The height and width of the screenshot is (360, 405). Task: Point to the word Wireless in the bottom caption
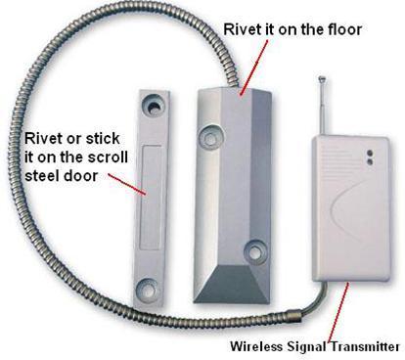(x=257, y=346)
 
